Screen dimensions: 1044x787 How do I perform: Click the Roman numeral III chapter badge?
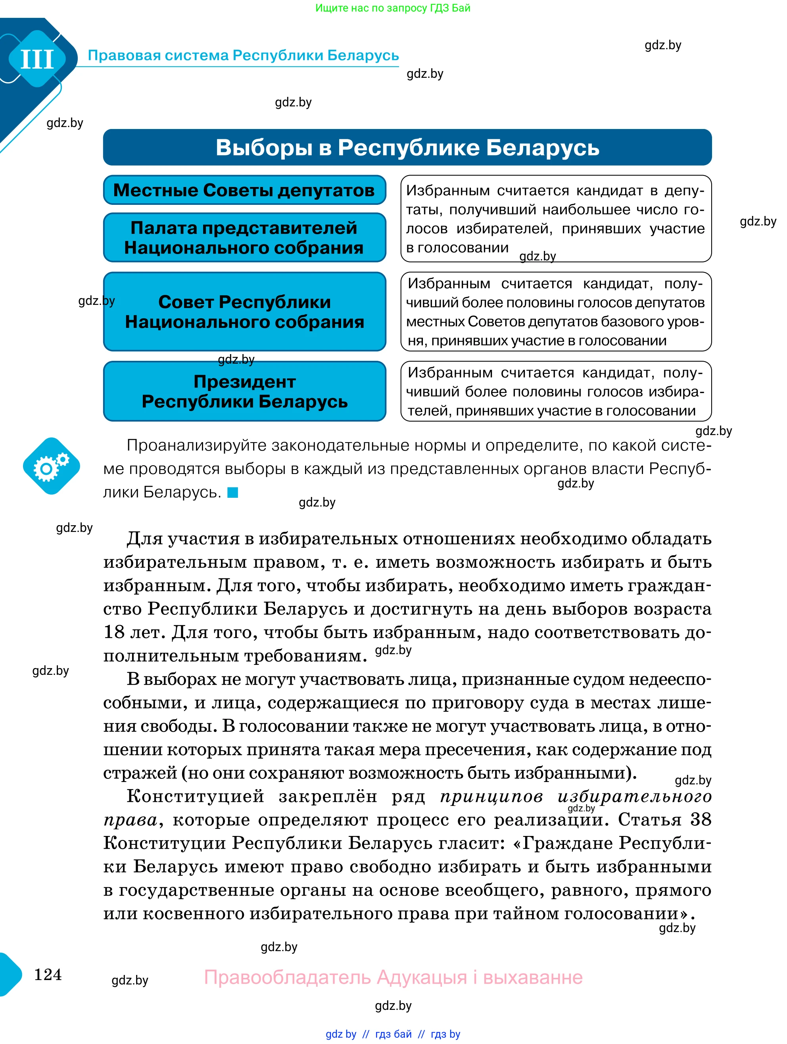[x=37, y=59]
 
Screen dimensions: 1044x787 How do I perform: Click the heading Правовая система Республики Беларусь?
[x=243, y=56]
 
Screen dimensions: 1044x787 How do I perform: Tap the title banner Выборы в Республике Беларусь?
[x=407, y=147]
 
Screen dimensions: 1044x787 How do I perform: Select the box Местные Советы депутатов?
[x=244, y=190]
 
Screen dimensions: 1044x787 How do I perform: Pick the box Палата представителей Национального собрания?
[x=244, y=237]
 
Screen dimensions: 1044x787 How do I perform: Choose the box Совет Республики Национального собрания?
[x=244, y=312]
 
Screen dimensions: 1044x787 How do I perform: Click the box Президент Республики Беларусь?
[x=244, y=391]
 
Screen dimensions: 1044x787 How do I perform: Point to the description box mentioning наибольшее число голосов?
[x=555, y=218]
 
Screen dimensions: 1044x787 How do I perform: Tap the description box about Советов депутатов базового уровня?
[x=555, y=312]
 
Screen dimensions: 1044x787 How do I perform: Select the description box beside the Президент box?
[x=555, y=391]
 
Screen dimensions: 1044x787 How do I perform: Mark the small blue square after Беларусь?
[x=233, y=493]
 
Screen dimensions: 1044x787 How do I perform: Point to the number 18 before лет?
[x=113, y=632]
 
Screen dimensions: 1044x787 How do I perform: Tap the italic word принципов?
[x=491, y=797]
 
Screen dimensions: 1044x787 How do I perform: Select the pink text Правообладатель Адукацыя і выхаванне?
[x=393, y=977]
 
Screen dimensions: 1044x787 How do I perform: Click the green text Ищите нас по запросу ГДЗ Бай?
[x=392, y=8]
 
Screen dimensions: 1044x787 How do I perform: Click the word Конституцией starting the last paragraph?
[x=195, y=797]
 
